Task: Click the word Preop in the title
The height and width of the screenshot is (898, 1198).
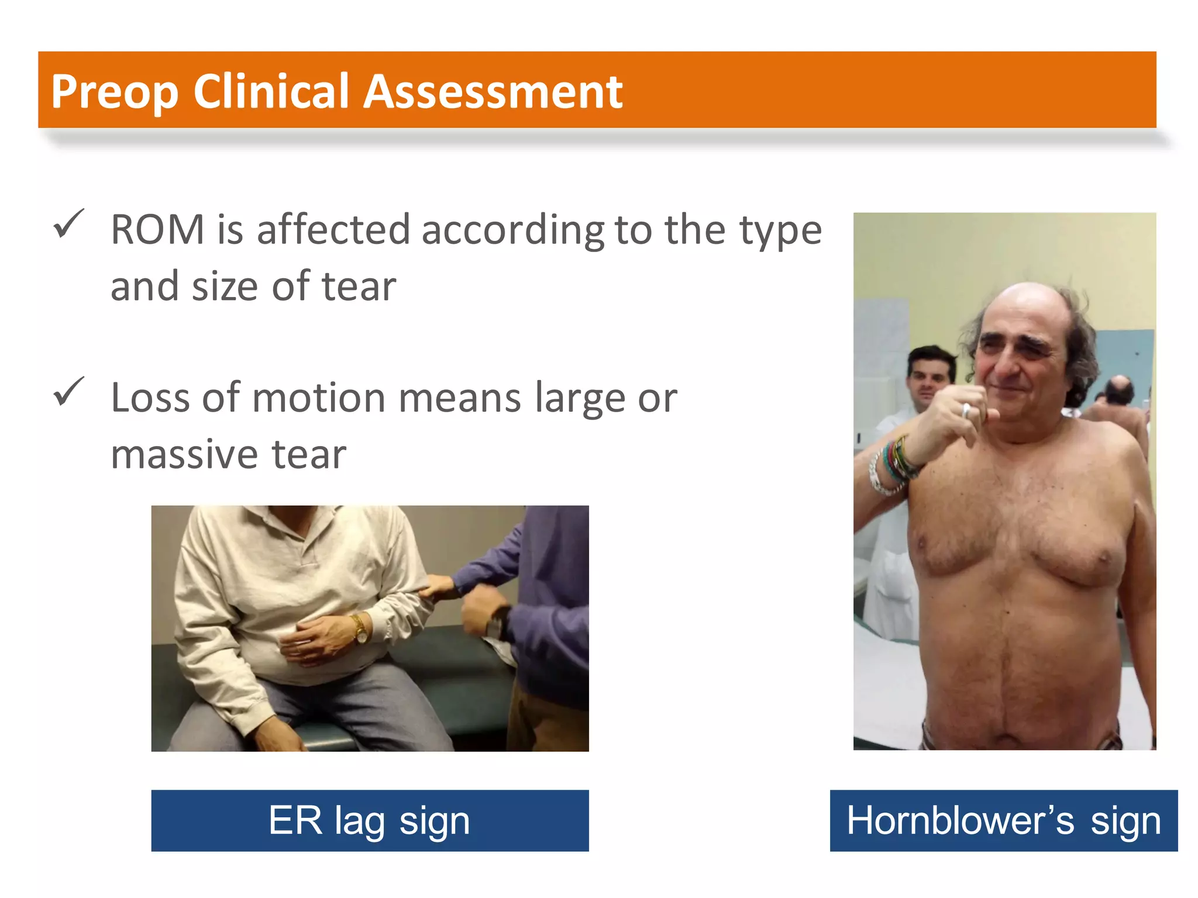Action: pos(114,92)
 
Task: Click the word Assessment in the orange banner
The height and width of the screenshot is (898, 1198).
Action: pos(493,92)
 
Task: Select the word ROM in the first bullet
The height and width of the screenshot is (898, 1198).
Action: pos(157,229)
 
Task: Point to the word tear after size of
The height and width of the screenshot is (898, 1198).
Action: pos(359,286)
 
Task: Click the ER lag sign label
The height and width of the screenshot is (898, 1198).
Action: pos(370,820)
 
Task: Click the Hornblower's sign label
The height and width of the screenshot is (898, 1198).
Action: pos(1003,820)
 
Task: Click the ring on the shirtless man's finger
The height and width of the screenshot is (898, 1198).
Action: pos(966,410)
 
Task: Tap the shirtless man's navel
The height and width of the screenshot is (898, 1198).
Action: pos(1007,612)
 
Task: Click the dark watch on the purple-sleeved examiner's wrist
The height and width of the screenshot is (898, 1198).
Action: pos(498,623)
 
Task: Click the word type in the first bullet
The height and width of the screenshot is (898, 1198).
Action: pos(781,230)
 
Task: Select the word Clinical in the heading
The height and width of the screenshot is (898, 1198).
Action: pos(271,92)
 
